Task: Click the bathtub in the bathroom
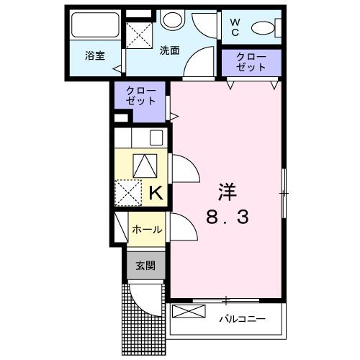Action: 94,27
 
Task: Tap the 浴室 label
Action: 95,55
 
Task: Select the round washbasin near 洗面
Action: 172,21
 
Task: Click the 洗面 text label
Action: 170,51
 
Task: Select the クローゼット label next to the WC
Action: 251,62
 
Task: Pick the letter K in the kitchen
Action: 156,192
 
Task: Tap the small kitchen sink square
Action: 158,137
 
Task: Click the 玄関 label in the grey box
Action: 145,265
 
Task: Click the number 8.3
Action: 227,217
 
